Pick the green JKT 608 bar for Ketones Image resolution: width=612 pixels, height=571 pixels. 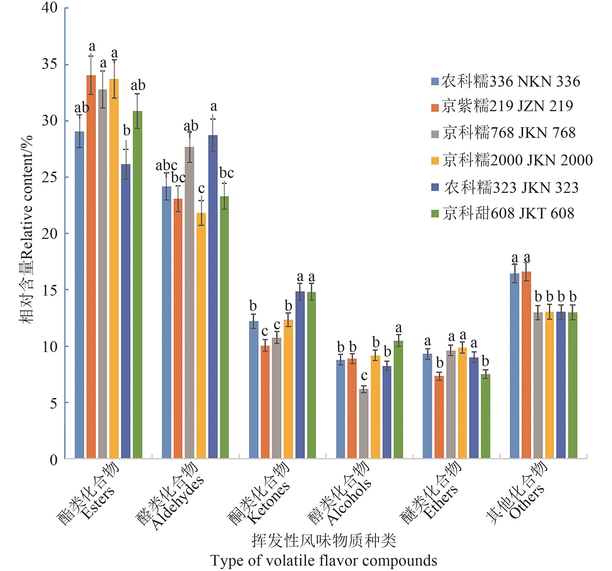click(311, 375)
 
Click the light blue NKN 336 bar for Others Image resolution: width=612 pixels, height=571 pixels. click(514, 366)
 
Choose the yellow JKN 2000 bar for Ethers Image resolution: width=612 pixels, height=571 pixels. click(462, 403)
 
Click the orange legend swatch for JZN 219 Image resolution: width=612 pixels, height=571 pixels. click(435, 108)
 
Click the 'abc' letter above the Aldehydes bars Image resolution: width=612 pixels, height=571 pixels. click(167, 166)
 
